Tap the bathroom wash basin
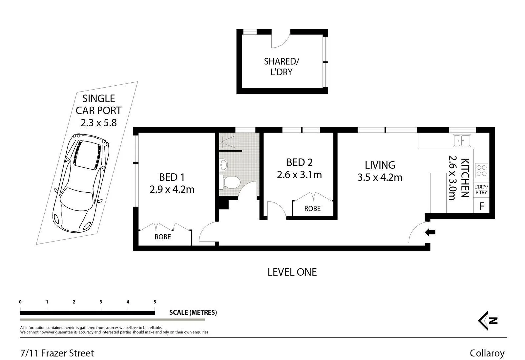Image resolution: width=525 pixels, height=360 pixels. [x=224, y=164]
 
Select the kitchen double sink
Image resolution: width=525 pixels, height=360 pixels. [x=462, y=140]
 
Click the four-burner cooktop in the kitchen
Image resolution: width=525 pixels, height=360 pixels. [x=481, y=170]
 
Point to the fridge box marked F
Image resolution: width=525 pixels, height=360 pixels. [x=482, y=206]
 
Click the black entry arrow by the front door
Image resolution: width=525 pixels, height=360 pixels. [x=430, y=232]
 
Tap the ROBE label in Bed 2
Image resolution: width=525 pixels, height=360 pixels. [x=312, y=209]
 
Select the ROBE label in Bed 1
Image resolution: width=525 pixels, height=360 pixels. [x=163, y=237]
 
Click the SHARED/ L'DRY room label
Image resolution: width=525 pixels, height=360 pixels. [x=281, y=67]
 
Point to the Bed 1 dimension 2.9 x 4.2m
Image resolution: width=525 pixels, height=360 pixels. [x=172, y=189]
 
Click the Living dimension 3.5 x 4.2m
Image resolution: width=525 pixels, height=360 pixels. [x=380, y=177]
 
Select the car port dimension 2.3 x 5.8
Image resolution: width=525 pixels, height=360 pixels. [x=99, y=123]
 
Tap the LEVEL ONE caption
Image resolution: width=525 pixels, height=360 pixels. [x=292, y=272]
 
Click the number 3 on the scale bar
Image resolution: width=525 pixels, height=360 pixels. [x=101, y=302]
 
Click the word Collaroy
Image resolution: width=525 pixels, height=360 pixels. [x=487, y=353]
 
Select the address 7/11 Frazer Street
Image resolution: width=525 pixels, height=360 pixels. [x=57, y=353]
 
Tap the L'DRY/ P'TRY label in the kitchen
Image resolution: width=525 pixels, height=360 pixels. [x=481, y=190]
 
